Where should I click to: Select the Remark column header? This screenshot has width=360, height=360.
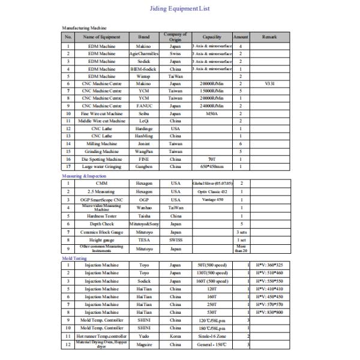(269, 37)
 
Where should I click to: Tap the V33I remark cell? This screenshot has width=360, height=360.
(269, 83)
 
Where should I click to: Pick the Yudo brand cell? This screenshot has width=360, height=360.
(144, 336)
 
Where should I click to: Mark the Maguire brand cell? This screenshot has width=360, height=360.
(144, 344)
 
